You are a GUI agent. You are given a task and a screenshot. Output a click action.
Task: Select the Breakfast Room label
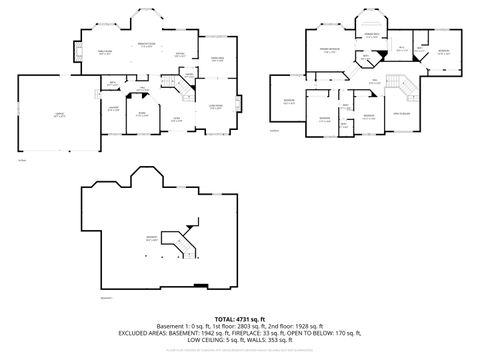pyautogui.click(x=145, y=44)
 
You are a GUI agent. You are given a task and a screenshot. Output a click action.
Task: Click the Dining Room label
pyautogui.click(x=215, y=60)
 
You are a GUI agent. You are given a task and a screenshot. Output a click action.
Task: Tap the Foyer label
pyautogui.click(x=175, y=119)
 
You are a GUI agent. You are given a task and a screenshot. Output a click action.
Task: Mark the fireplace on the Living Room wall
pyautogui.click(x=237, y=102)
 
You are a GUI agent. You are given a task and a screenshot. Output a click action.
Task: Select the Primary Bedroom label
pyautogui.click(x=326, y=50)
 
